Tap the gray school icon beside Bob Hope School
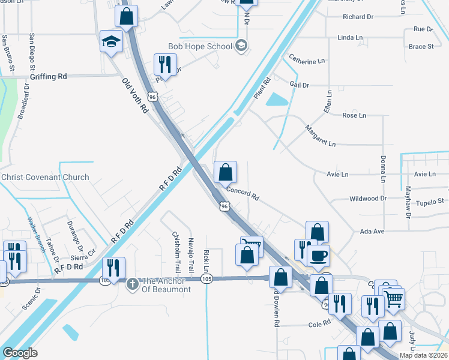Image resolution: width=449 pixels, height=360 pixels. point(241,46)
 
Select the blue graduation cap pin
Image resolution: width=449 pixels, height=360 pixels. point(111,41)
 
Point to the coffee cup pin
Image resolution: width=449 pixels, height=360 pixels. point(318,255)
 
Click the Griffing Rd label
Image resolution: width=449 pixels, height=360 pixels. point(49,77)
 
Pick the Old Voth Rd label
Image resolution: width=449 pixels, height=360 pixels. point(135,96)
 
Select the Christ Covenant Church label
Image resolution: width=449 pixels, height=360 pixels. point(45,177)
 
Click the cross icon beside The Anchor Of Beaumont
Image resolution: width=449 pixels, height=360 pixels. point(133,282)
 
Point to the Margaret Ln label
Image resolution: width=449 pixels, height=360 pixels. point(320,136)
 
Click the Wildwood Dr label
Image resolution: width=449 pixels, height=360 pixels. point(368,198)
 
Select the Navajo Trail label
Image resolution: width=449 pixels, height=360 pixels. point(191,253)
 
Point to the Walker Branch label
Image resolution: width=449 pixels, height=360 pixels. point(37,233)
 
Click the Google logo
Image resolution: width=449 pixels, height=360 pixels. point(20,353)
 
